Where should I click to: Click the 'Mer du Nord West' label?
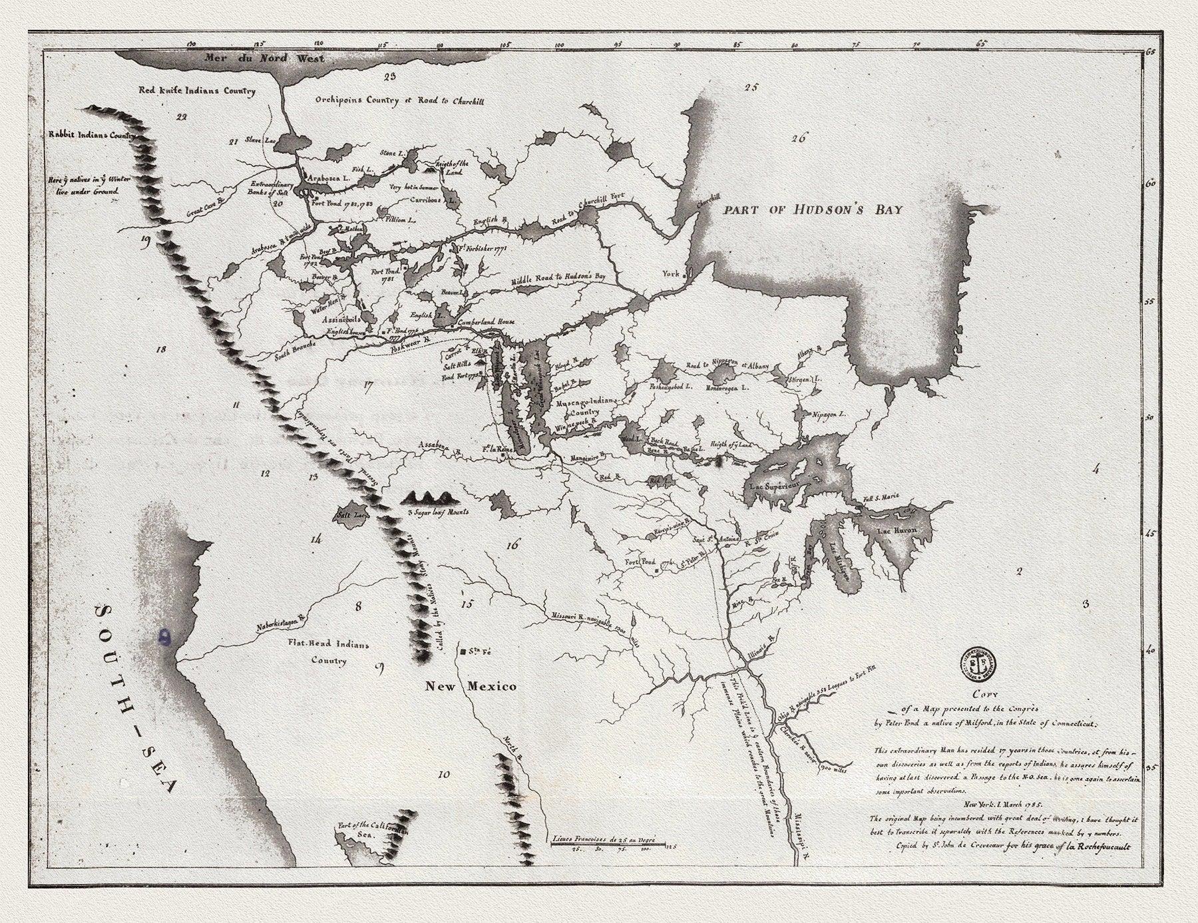pyautogui.click(x=265, y=59)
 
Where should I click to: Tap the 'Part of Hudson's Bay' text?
pyautogui.click(x=813, y=210)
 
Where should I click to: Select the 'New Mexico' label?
pyautogui.click(x=471, y=686)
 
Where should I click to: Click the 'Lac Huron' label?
pyautogui.click(x=897, y=530)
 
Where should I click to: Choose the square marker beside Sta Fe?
pyautogui.click(x=462, y=649)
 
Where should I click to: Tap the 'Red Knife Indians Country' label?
pyautogui.click(x=196, y=91)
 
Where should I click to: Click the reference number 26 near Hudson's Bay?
pyautogui.click(x=799, y=138)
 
